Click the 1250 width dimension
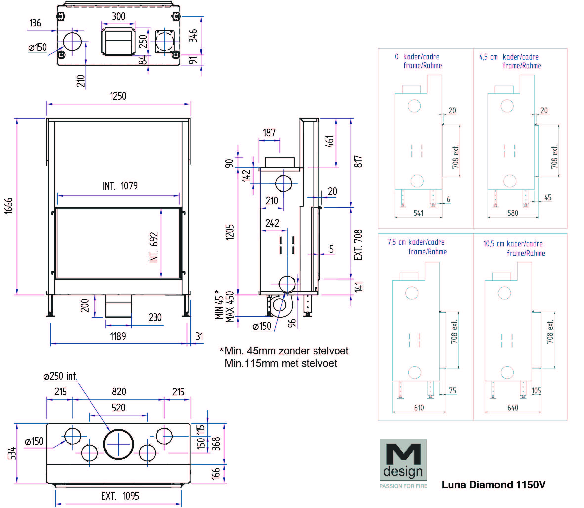pyautogui.click(x=118, y=96)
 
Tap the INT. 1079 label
pyautogui.click(x=120, y=186)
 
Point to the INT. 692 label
pyautogui.click(x=154, y=247)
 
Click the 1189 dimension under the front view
pyautogui.click(x=118, y=337)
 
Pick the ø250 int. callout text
pyautogui.click(x=60, y=376)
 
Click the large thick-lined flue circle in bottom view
pyautogui.click(x=118, y=444)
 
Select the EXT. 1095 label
pyautogui.click(x=120, y=496)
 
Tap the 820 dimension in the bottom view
pyautogui.click(x=119, y=392)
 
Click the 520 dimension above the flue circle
pyautogui.click(x=118, y=408)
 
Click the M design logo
pyautogui.click(x=403, y=464)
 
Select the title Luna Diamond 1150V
pyautogui.click(x=493, y=485)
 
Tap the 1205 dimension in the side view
pyautogui.click(x=230, y=232)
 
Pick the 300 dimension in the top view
pyautogui.click(x=118, y=16)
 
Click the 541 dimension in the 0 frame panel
pyautogui.click(x=419, y=213)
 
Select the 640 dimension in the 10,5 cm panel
pyautogui.click(x=513, y=408)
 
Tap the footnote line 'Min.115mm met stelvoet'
pyautogui.click(x=281, y=363)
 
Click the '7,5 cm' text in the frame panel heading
pyautogui.click(x=396, y=242)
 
